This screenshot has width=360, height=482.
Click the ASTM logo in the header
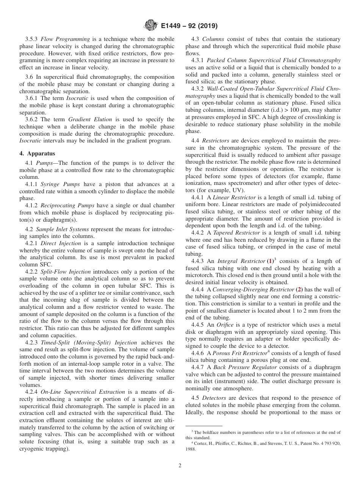[x=151, y=26]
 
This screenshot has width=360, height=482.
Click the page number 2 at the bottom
[x=180, y=466]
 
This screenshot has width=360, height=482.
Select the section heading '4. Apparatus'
[x=37, y=154]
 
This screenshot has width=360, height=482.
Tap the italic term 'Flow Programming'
[x=65, y=39]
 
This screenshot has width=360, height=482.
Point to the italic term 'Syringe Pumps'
[x=60, y=185]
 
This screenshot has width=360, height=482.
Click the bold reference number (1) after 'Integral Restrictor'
[x=271, y=261]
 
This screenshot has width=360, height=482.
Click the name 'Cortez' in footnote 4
[x=201, y=443]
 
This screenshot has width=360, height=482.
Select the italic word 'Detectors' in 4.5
[x=214, y=398]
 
